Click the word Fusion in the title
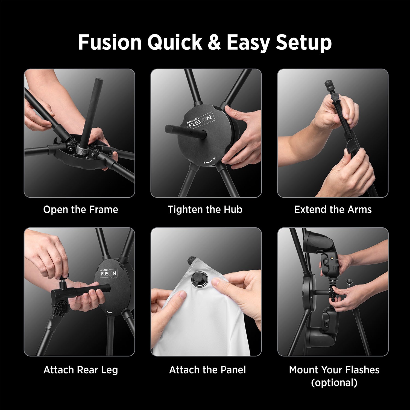coord(110,42)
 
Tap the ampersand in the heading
coord(214,42)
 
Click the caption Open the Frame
coord(81,210)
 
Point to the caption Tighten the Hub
coord(205,210)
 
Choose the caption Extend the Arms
coord(333,210)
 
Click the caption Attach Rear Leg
coord(81,370)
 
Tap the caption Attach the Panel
coord(207,370)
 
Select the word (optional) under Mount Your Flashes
coord(334,383)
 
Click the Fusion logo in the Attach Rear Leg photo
coord(109,273)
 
